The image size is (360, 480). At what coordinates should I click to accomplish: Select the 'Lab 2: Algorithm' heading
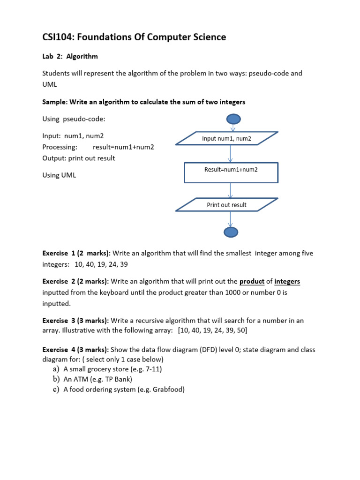pyautogui.click(x=70, y=56)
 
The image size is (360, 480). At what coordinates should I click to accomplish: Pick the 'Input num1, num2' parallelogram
pyautogui.click(x=226, y=138)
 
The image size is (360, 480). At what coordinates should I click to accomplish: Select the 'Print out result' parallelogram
pyautogui.click(x=226, y=205)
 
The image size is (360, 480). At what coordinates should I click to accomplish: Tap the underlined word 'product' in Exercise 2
pyautogui.click(x=252, y=281)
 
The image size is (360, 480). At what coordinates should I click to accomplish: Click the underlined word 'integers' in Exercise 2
pyautogui.click(x=287, y=281)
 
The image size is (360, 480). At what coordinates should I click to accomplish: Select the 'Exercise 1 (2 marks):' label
pyautogui.click(x=76, y=253)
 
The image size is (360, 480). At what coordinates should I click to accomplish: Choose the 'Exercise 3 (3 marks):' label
pyautogui.click(x=76, y=321)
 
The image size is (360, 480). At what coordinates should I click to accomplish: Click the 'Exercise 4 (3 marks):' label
pyautogui.click(x=76, y=350)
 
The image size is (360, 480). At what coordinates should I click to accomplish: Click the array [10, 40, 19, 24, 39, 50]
pyautogui.click(x=212, y=330)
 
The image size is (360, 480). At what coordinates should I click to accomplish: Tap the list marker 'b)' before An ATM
pyautogui.click(x=56, y=379)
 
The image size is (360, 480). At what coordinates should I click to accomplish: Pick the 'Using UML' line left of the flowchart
pyautogui.click(x=59, y=175)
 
